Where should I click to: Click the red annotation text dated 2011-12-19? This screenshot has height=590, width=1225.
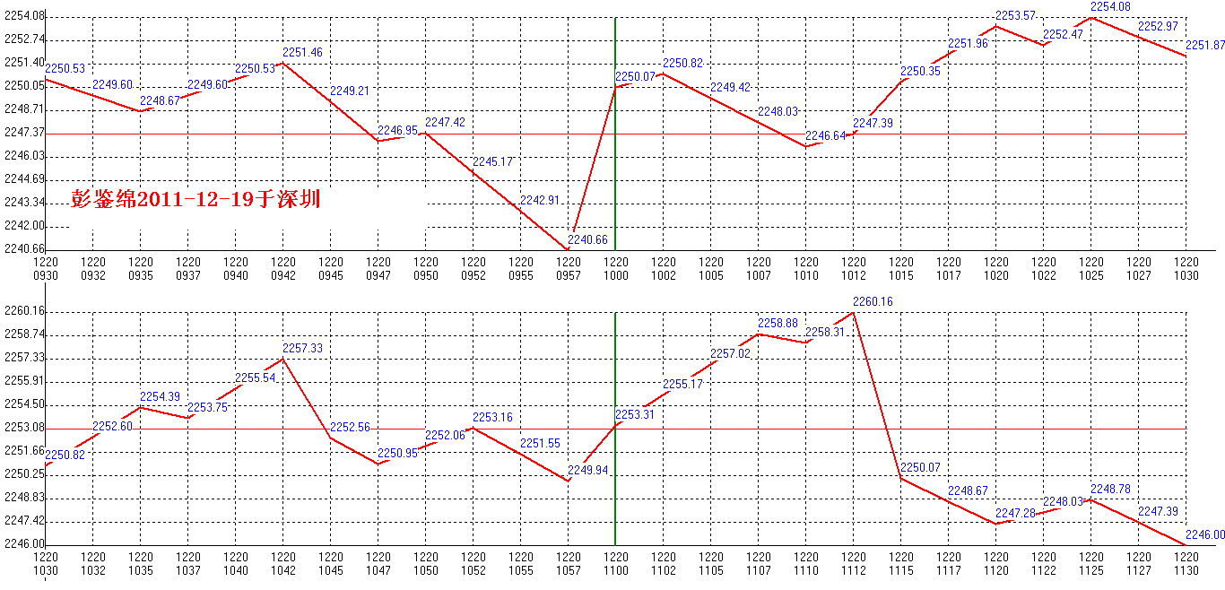[195, 199]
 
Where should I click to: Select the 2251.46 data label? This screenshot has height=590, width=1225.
[301, 53]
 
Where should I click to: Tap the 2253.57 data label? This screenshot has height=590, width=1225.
[1015, 15]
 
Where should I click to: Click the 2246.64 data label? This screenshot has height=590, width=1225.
[825, 135]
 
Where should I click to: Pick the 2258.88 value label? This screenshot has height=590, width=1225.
[778, 323]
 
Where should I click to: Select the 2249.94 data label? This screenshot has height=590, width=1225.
[588, 470]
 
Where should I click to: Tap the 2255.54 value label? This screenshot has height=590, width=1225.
[255, 377]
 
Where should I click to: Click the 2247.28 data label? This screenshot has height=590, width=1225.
[1015, 512]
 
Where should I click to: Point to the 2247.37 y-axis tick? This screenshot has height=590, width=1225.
[22, 133]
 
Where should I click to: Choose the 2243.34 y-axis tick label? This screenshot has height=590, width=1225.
[22, 203]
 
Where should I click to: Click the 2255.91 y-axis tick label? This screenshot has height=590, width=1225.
[22, 381]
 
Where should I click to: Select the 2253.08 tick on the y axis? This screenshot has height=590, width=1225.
[22, 428]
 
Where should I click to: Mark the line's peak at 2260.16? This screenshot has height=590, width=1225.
[853, 312]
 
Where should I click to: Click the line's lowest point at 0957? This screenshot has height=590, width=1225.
[568, 248]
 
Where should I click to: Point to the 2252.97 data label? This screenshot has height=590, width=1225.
[1158, 26]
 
